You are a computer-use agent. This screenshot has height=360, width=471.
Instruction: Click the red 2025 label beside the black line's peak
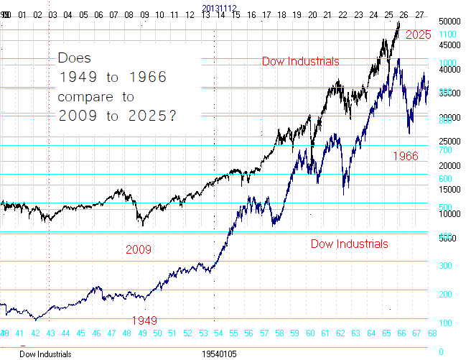(x=418, y=35)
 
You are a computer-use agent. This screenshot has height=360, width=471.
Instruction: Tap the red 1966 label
(x=405, y=155)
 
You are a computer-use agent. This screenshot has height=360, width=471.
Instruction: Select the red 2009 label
(x=139, y=250)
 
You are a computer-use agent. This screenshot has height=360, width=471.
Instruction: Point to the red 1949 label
(x=145, y=320)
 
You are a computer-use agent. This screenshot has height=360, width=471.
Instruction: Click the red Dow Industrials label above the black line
(x=300, y=62)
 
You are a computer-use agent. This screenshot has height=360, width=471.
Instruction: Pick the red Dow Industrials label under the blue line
(x=349, y=244)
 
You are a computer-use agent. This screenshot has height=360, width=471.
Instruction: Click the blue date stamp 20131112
(x=219, y=8)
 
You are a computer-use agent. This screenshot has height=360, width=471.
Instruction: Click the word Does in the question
(x=75, y=58)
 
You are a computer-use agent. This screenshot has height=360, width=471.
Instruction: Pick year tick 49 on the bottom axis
(x=142, y=333)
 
